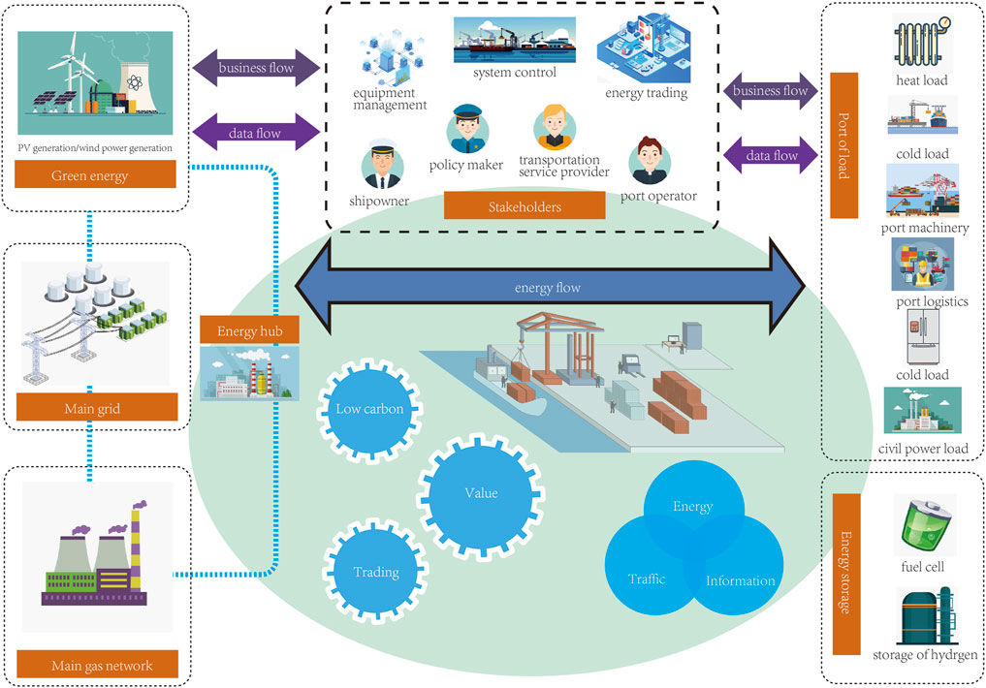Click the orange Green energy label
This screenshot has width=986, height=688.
(x=95, y=175)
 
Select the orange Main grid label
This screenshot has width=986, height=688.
(x=95, y=407)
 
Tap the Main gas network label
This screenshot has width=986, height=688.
(x=102, y=665)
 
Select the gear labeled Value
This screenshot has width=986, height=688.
(x=480, y=493)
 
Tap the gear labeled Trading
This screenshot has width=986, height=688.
(x=375, y=572)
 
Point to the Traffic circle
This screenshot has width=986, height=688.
(x=647, y=579)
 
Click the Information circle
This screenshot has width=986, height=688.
(x=740, y=580)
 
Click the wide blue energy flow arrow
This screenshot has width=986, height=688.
(x=550, y=288)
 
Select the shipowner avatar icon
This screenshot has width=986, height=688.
(x=381, y=167)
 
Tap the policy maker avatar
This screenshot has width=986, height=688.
(x=466, y=130)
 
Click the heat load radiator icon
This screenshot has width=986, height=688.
(x=920, y=42)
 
